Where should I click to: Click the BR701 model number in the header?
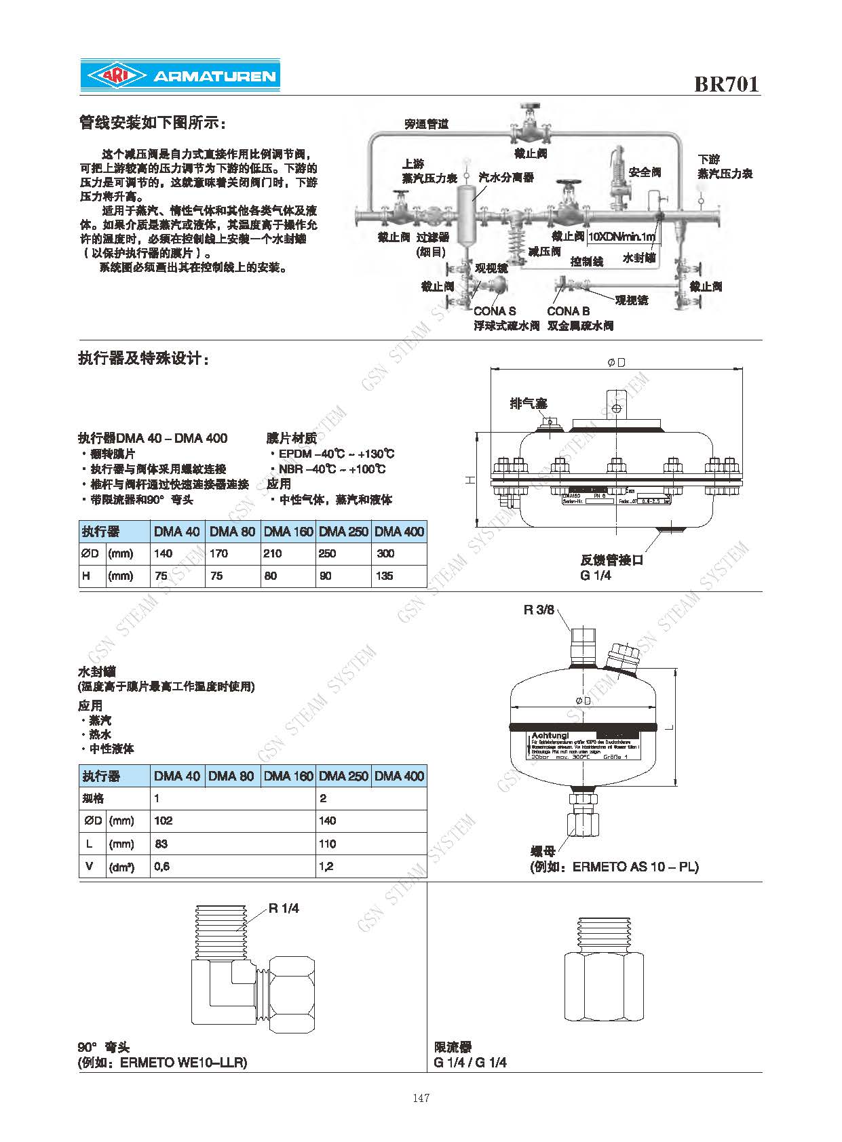point(726,84)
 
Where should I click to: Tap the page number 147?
point(421,1098)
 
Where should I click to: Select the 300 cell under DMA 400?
point(385,553)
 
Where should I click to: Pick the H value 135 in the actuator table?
point(385,576)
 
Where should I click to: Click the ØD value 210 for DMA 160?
point(273,553)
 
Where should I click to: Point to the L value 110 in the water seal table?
point(327,844)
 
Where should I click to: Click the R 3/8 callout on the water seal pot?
point(539,610)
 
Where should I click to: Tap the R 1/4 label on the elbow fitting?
point(284,908)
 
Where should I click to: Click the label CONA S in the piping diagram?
point(495,311)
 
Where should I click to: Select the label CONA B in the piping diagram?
point(568,311)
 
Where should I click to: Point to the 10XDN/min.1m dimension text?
point(621,237)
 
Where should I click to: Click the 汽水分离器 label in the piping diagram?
point(505,178)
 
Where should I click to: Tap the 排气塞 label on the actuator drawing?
point(528,403)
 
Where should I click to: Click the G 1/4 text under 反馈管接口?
point(595,575)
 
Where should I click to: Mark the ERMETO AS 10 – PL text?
point(635,867)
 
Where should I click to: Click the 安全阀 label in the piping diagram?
point(644,173)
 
